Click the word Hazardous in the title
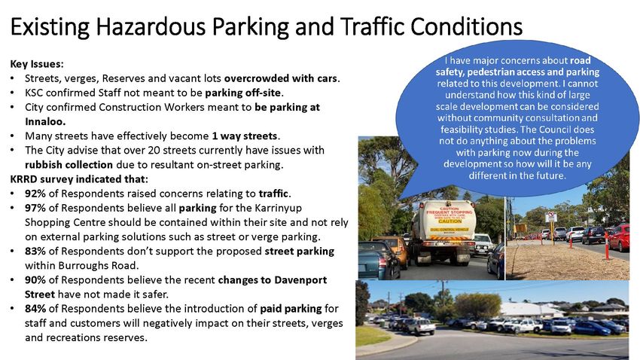click(x=151, y=26)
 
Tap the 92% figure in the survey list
click(x=35, y=194)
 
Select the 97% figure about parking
click(x=35, y=208)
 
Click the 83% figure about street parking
click(x=35, y=251)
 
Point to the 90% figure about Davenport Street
click(x=35, y=280)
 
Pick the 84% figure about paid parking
click(x=35, y=309)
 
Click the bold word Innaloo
click(x=45, y=122)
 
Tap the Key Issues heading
click(x=37, y=64)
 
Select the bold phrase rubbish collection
click(x=69, y=165)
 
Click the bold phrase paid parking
click(x=291, y=309)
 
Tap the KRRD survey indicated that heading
click(x=79, y=179)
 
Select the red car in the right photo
click(x=620, y=237)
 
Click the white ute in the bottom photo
click(x=419, y=326)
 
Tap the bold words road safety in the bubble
click(x=517, y=66)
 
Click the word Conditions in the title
click(x=467, y=26)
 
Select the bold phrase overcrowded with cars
click(x=282, y=78)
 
